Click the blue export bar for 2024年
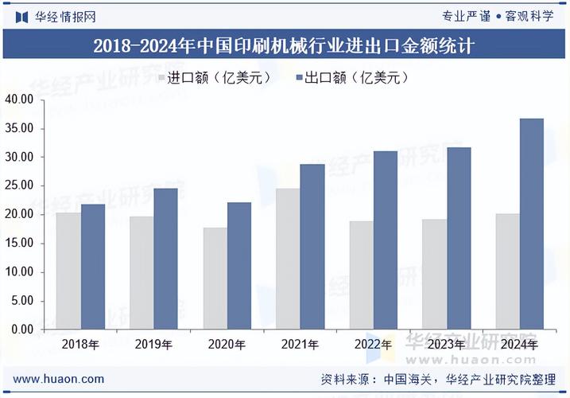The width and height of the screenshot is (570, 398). [x=532, y=224]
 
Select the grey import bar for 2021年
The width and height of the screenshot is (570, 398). [x=288, y=259]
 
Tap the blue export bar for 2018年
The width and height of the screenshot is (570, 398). [x=93, y=267]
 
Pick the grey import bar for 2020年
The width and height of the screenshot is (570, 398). [x=215, y=279]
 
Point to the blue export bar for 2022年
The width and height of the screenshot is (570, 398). [x=386, y=240]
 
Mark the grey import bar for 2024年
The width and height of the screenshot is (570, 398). [x=507, y=271]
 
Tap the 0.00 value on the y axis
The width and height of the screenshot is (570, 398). [x=21, y=329]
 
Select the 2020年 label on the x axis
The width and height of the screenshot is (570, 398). [x=227, y=345]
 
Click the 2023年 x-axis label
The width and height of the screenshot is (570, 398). [x=446, y=345]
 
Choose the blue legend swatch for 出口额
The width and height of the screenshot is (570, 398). [x=301, y=77]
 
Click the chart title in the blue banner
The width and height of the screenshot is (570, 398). [x=285, y=45]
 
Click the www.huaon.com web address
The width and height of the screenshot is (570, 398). [x=59, y=379]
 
